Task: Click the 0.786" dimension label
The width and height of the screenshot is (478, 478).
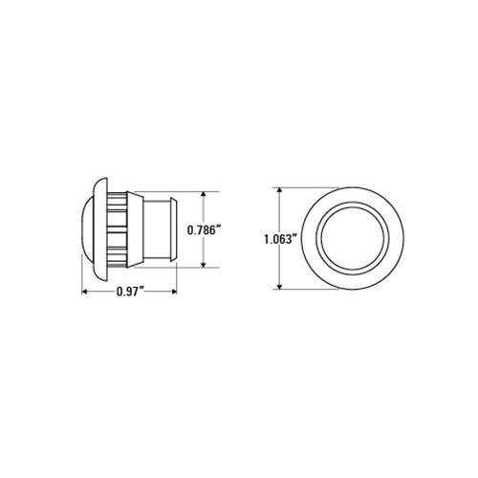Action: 204,229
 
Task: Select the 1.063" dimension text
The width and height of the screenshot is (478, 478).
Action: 281,239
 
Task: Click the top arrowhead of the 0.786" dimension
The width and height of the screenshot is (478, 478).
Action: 204,195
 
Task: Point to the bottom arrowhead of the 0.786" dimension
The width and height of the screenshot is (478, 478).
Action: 204,264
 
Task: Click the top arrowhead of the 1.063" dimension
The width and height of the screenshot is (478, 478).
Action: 279,191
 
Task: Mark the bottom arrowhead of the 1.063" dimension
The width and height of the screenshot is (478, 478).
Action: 279,286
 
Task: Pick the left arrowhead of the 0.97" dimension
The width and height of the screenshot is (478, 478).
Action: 85,292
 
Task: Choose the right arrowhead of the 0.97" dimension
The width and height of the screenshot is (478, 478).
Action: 173,292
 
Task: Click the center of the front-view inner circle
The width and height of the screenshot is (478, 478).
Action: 353,239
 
